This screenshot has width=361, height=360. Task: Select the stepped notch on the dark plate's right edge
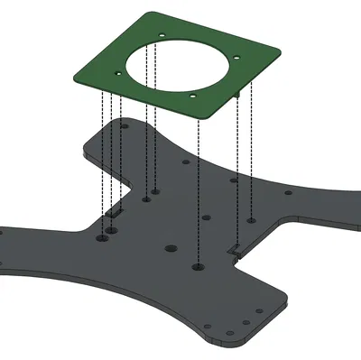pyautogui.click(x=233, y=248)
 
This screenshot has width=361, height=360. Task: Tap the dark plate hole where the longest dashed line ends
pyautogui.click(x=199, y=268)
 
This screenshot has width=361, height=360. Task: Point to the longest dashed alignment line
pyautogui.click(x=199, y=180)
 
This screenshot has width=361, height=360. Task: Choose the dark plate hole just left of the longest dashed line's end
pyautogui.click(x=168, y=246)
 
